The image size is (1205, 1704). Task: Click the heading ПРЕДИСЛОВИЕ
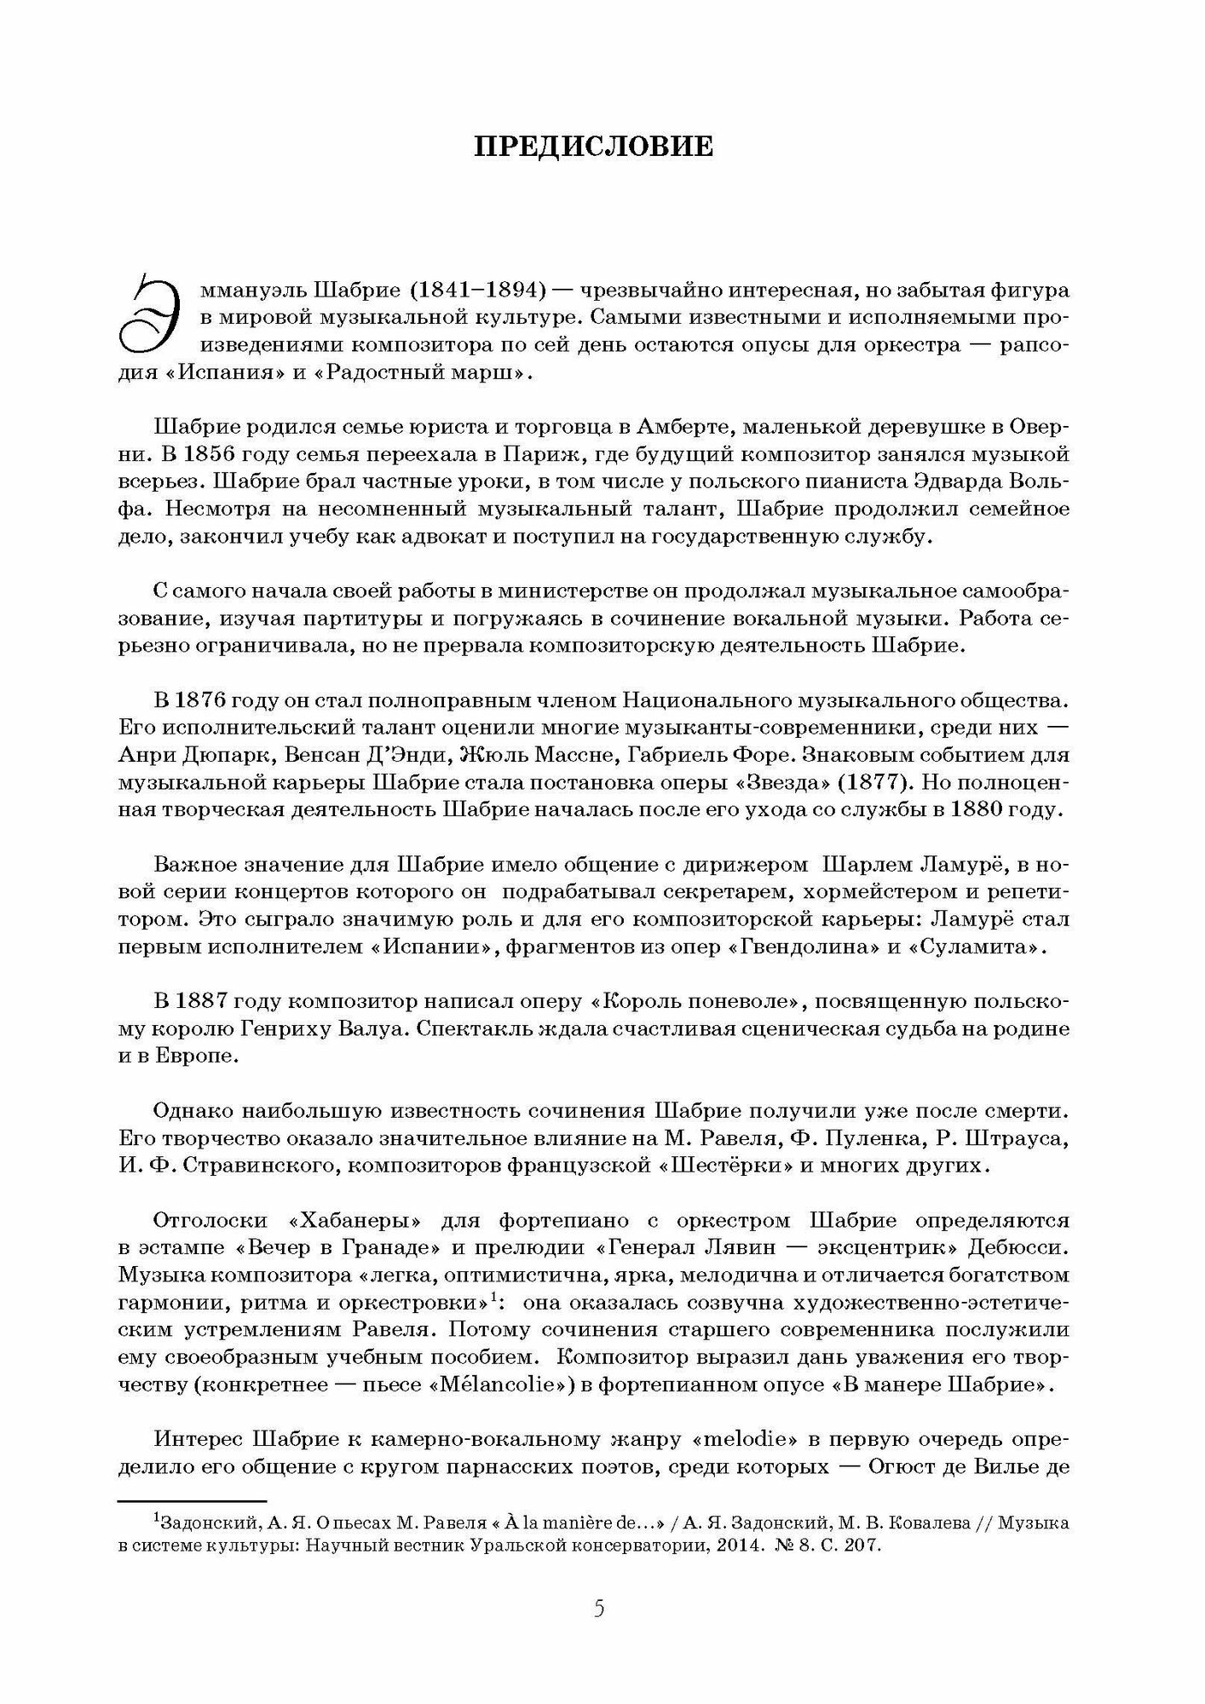(x=594, y=147)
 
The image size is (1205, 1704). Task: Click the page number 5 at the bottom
(x=599, y=1609)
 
